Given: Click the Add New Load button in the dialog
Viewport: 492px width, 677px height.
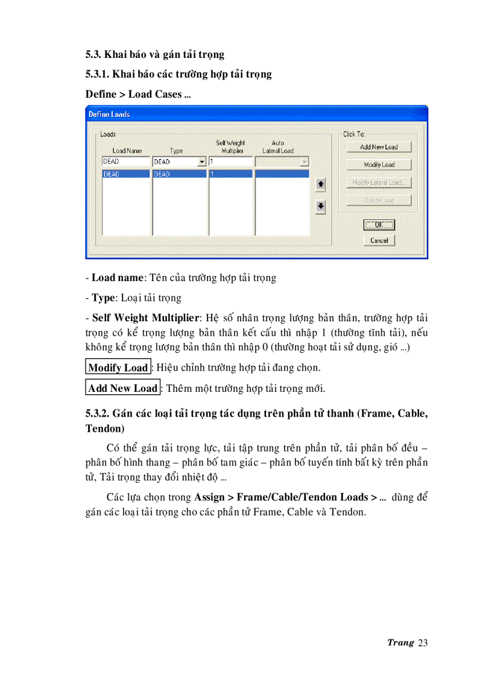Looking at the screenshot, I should [x=379, y=146].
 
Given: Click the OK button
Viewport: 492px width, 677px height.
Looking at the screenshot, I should [x=379, y=225].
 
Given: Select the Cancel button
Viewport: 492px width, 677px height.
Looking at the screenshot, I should [x=379, y=241].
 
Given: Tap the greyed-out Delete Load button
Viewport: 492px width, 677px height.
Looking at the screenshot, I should [x=379, y=200].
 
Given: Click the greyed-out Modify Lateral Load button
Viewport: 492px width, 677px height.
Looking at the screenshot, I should [x=379, y=183].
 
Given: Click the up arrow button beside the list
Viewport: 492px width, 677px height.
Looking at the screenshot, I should [x=321, y=183].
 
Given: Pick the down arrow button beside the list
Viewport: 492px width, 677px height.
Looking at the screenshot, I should [x=321, y=206].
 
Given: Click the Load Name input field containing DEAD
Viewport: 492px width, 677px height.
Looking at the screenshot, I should [x=125, y=162].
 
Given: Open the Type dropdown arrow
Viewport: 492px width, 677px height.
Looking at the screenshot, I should [x=202, y=162].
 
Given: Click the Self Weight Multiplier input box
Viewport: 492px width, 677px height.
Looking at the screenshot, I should [x=230, y=162].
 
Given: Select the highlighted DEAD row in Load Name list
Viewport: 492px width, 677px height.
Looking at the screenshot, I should [x=125, y=174].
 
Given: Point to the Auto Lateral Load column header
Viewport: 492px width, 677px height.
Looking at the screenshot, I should [x=278, y=147].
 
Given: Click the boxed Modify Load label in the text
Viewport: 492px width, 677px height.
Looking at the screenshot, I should [x=118, y=368].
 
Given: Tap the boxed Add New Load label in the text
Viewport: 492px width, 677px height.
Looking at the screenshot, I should [x=122, y=388].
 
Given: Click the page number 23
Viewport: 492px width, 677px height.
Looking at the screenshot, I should [x=422, y=643].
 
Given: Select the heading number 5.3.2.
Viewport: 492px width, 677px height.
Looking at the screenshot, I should [x=98, y=414].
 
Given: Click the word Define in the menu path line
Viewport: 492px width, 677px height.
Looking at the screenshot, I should [x=99, y=94].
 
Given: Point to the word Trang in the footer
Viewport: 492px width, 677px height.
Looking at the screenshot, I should [x=400, y=643].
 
